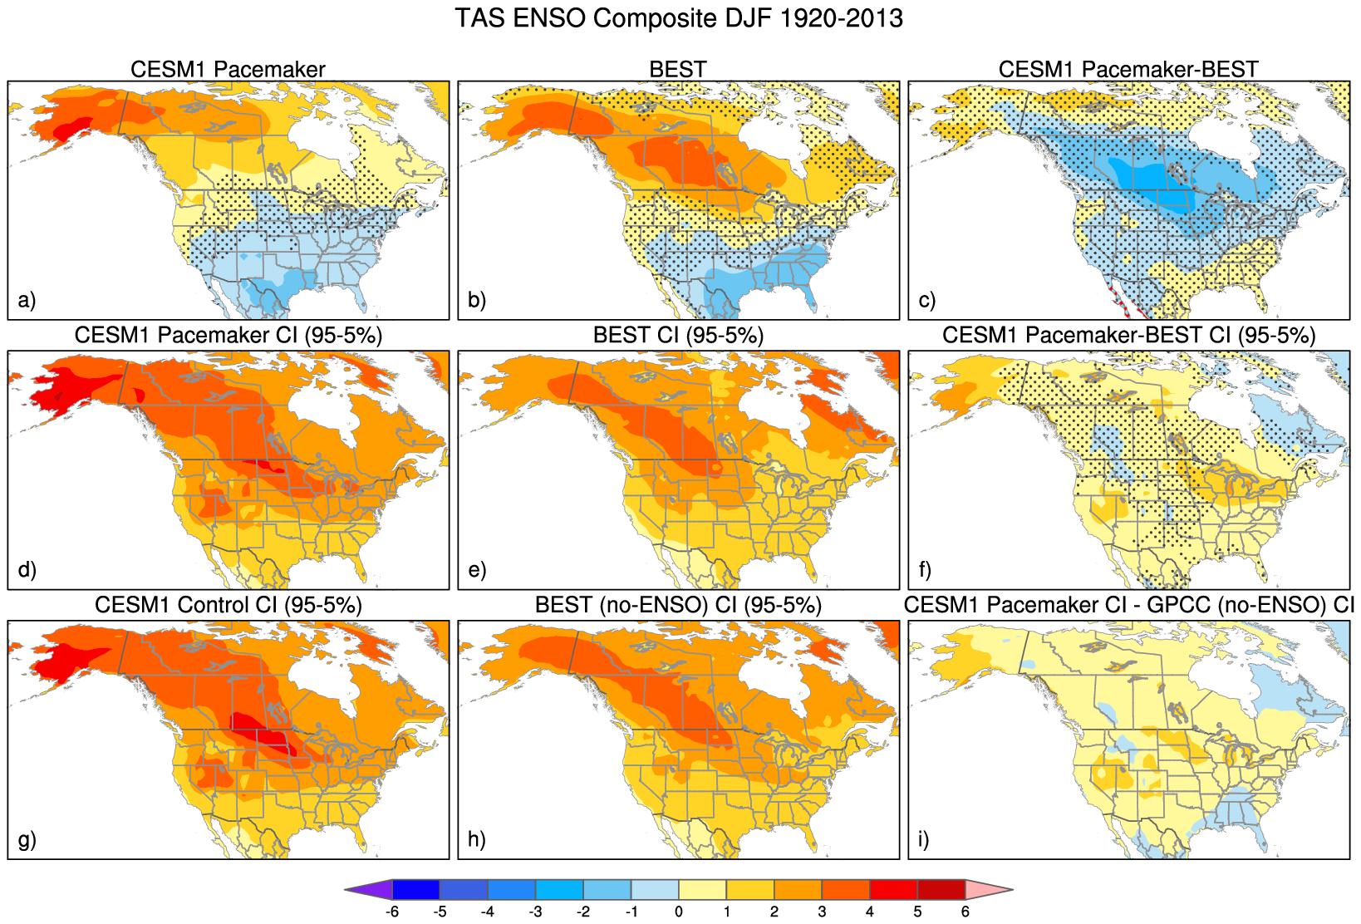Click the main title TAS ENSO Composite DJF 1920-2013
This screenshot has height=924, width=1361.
(x=679, y=18)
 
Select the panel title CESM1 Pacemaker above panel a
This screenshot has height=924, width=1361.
(x=228, y=69)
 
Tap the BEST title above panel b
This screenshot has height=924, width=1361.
(x=678, y=69)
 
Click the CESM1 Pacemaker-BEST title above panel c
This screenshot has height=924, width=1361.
(x=1128, y=69)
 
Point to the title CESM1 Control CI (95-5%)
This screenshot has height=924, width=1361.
(x=228, y=605)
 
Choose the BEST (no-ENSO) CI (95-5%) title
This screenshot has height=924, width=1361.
(x=678, y=605)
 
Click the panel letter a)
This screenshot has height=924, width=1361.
(x=27, y=299)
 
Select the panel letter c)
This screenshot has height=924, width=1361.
(x=927, y=299)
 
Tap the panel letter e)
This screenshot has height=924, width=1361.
(x=477, y=569)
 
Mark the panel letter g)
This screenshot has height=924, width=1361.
(x=27, y=839)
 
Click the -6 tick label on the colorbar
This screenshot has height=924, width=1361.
(x=392, y=912)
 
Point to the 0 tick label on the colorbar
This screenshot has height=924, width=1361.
(x=679, y=912)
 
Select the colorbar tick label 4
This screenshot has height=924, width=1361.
(x=870, y=912)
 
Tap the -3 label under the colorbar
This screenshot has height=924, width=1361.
(x=535, y=912)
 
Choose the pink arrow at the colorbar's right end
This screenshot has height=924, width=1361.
(x=989, y=889)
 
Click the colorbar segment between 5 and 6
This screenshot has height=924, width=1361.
(x=941, y=889)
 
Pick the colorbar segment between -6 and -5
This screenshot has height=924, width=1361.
(x=416, y=889)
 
